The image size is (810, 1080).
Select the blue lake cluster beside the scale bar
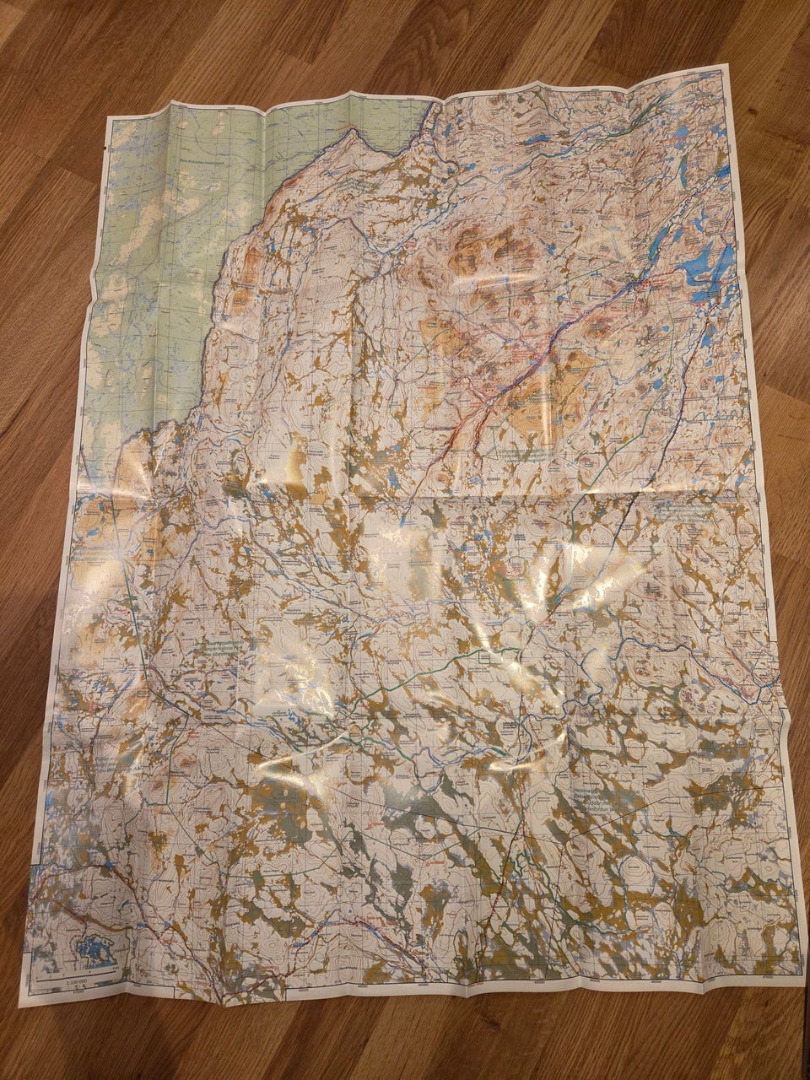pyautogui.click(x=94, y=949)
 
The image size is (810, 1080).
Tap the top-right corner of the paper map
pyautogui.click(x=725, y=65)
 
